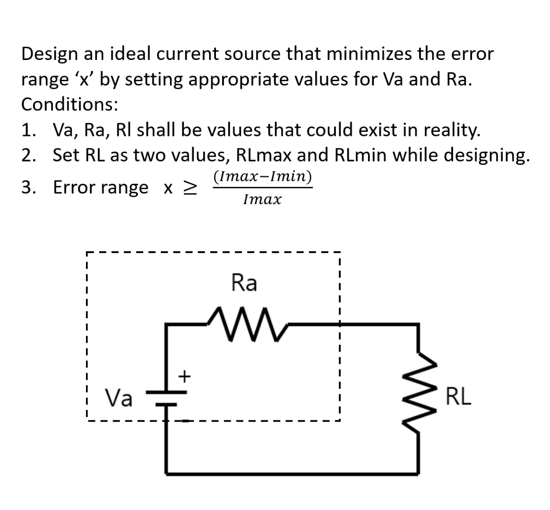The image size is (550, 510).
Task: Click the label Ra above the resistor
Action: coord(244,283)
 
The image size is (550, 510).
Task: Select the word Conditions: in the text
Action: coord(69,104)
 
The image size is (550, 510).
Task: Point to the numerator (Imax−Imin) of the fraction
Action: coord(262,177)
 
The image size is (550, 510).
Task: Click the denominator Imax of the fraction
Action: coord(262,200)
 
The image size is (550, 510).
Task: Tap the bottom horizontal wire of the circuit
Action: coord(292,472)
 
